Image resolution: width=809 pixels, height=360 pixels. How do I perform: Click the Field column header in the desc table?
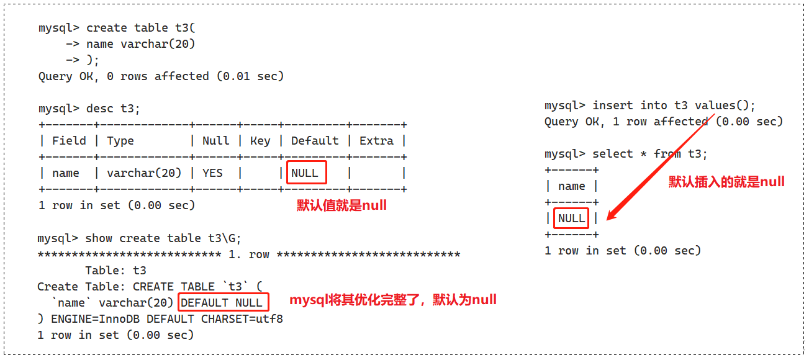coord(69,141)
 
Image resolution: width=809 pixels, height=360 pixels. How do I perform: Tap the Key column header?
coord(260,141)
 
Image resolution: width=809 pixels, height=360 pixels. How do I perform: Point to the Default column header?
coord(315,141)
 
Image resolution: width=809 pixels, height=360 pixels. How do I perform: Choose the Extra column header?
coord(376,141)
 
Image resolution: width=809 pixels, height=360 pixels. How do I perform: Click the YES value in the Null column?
coord(212,173)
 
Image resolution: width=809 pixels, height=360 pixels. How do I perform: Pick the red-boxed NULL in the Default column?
coord(305,173)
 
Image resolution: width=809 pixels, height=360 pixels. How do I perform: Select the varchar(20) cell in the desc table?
coord(144,173)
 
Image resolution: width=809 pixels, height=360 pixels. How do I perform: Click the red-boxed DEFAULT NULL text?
coord(224,303)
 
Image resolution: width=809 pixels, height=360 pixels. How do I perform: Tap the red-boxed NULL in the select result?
coord(571,218)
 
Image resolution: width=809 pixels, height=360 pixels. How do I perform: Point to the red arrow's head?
coord(610,217)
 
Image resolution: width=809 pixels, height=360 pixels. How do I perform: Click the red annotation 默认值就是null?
coord(341,205)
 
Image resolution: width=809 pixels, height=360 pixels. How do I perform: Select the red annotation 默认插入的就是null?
coord(726,182)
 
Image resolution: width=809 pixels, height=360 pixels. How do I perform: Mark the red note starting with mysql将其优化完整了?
coord(393,300)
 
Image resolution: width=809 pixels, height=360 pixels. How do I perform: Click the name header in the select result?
coord(571,186)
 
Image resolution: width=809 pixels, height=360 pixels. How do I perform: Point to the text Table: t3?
coord(115,271)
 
